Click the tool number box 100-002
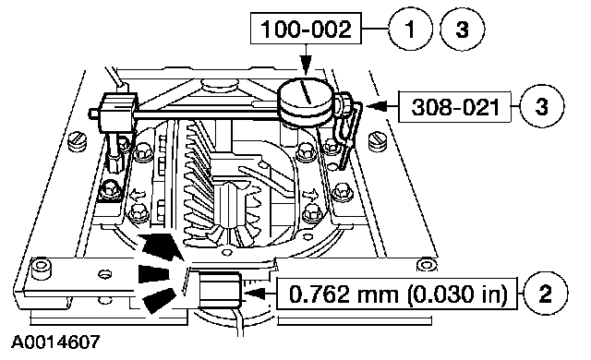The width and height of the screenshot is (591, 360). [x=306, y=29]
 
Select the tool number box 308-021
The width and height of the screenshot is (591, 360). [x=455, y=107]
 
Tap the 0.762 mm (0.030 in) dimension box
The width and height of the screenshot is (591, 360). [x=397, y=294]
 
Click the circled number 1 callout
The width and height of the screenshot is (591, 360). [x=410, y=29]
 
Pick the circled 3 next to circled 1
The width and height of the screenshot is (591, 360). [x=462, y=29]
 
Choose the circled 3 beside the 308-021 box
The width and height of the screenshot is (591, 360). [x=542, y=106]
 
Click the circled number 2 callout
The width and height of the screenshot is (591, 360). [x=546, y=294]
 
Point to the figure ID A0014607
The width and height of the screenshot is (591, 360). [x=55, y=342]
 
